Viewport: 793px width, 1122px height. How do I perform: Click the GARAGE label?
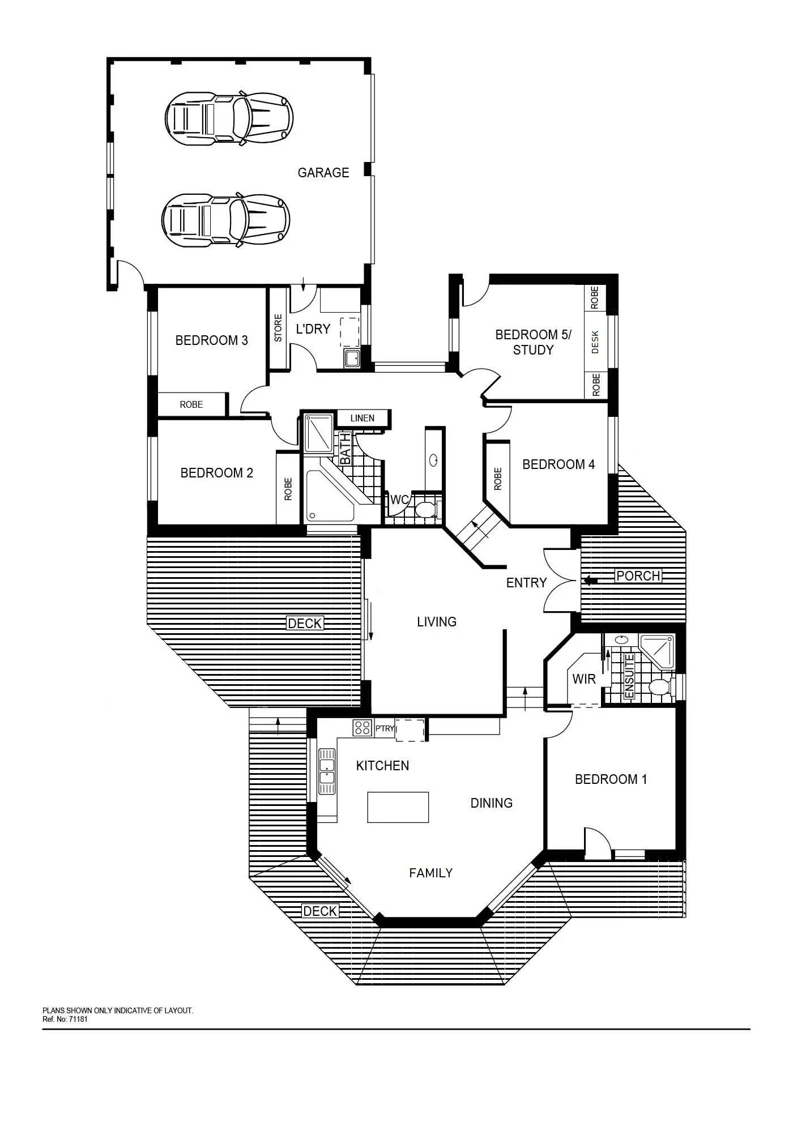point(323,173)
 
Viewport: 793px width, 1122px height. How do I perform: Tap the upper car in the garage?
point(229,117)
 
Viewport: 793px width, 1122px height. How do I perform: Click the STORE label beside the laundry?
point(278,328)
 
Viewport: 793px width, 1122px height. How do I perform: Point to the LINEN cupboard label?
point(362,419)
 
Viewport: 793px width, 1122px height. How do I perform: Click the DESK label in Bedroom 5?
point(595,342)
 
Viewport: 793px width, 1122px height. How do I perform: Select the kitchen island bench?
point(398,807)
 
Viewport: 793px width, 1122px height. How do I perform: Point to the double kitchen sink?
point(327,771)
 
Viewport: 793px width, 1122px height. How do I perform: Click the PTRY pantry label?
point(385,728)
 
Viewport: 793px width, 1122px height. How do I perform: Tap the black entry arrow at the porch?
point(590,580)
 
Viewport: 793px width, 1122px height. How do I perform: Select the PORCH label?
point(638,576)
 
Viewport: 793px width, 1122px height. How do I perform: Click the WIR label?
point(583,679)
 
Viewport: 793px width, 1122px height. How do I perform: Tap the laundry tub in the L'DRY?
point(352,359)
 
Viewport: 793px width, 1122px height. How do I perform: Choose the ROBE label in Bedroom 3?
point(191,405)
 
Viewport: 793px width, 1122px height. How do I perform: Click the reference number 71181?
point(77,1019)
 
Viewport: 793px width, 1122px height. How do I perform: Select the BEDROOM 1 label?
point(611,779)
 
